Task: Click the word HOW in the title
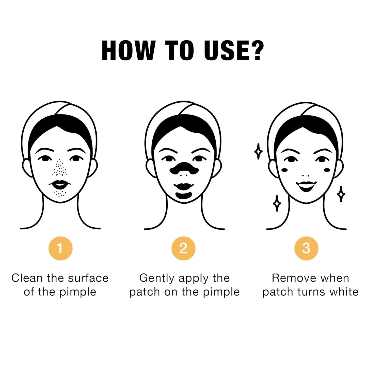point(128,51)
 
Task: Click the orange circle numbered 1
point(60,248)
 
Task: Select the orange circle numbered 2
point(183,248)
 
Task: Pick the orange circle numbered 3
point(306,248)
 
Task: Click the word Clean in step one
point(27,278)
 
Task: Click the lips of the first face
point(60,184)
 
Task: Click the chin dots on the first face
point(60,194)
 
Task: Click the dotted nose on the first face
point(60,168)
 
